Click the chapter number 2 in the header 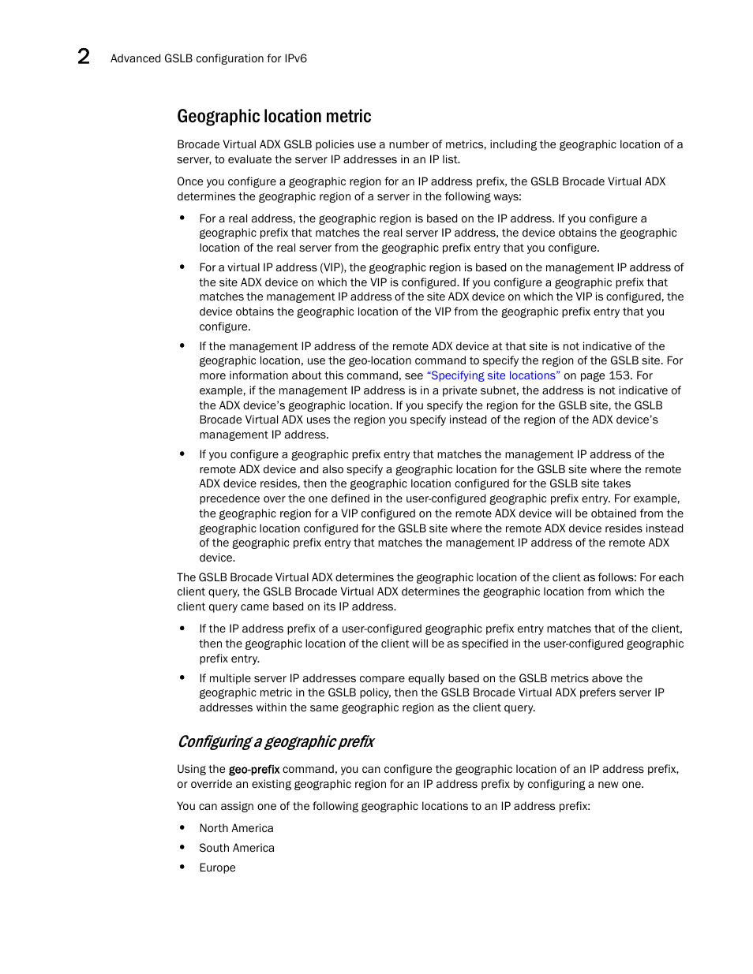click(x=84, y=56)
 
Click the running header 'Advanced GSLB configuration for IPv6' click(x=208, y=58)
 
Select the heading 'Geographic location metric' click(x=274, y=117)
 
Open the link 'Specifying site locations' click(x=493, y=375)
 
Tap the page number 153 click(x=619, y=375)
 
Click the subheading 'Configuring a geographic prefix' click(x=275, y=741)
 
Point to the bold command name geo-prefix click(x=254, y=769)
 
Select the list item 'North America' click(x=236, y=828)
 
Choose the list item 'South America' click(x=237, y=848)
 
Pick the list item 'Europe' click(x=217, y=868)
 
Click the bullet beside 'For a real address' click(x=182, y=218)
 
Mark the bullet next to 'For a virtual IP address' click(x=182, y=267)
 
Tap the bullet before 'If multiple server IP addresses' click(x=182, y=678)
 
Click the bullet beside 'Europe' click(x=182, y=868)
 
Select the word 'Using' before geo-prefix click(x=191, y=769)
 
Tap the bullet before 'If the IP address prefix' click(x=182, y=629)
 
